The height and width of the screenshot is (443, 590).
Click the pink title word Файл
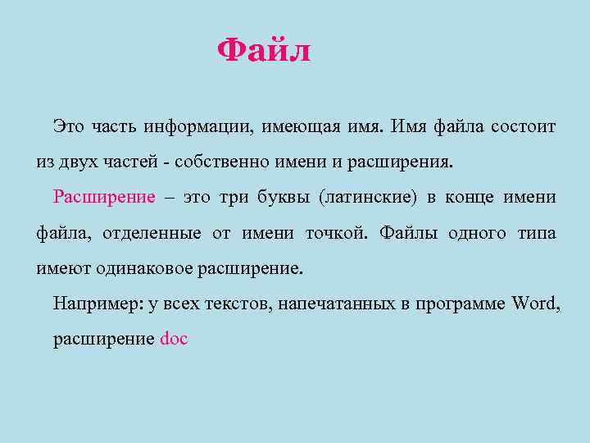pyautogui.click(x=264, y=52)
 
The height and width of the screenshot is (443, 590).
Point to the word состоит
pyautogui.click(x=524, y=127)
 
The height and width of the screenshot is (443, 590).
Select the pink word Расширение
pyautogui.click(x=104, y=197)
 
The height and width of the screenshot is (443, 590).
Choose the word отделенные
pyautogui.click(x=152, y=233)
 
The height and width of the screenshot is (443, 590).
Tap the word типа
pyautogui.click(x=537, y=233)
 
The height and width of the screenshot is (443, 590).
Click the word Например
pyautogui.click(x=98, y=304)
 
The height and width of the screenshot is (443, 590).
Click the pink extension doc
pyautogui.click(x=174, y=339)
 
